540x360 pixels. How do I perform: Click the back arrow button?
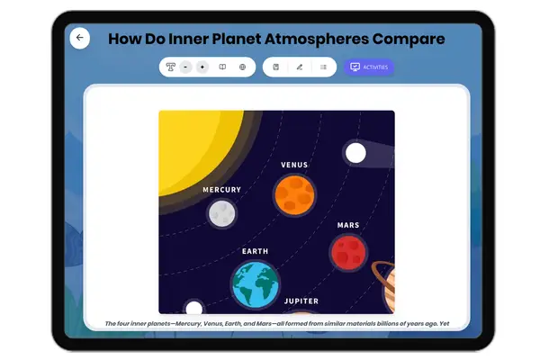pos(79,38)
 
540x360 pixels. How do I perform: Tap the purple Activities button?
pos(369,67)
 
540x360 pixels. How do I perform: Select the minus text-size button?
pos(185,67)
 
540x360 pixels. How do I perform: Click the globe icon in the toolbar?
pos(242,67)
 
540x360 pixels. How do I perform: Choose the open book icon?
pos(222,67)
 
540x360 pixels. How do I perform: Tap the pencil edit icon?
pos(300,67)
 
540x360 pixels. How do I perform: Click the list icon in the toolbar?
pos(323,67)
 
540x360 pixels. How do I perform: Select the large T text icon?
pos(170,67)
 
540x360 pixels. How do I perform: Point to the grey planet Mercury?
pos(222,213)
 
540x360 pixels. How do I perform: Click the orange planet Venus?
pos(294,195)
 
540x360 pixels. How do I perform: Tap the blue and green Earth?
pos(256,285)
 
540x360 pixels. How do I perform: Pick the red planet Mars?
pos(348,253)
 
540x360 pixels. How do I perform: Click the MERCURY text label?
pos(221,190)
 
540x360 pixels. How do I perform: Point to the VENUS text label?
pos(294,165)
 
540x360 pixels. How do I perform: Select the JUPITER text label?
pos(301,301)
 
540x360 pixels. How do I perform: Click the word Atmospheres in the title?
pos(317,39)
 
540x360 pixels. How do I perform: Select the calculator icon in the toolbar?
pos(276,67)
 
